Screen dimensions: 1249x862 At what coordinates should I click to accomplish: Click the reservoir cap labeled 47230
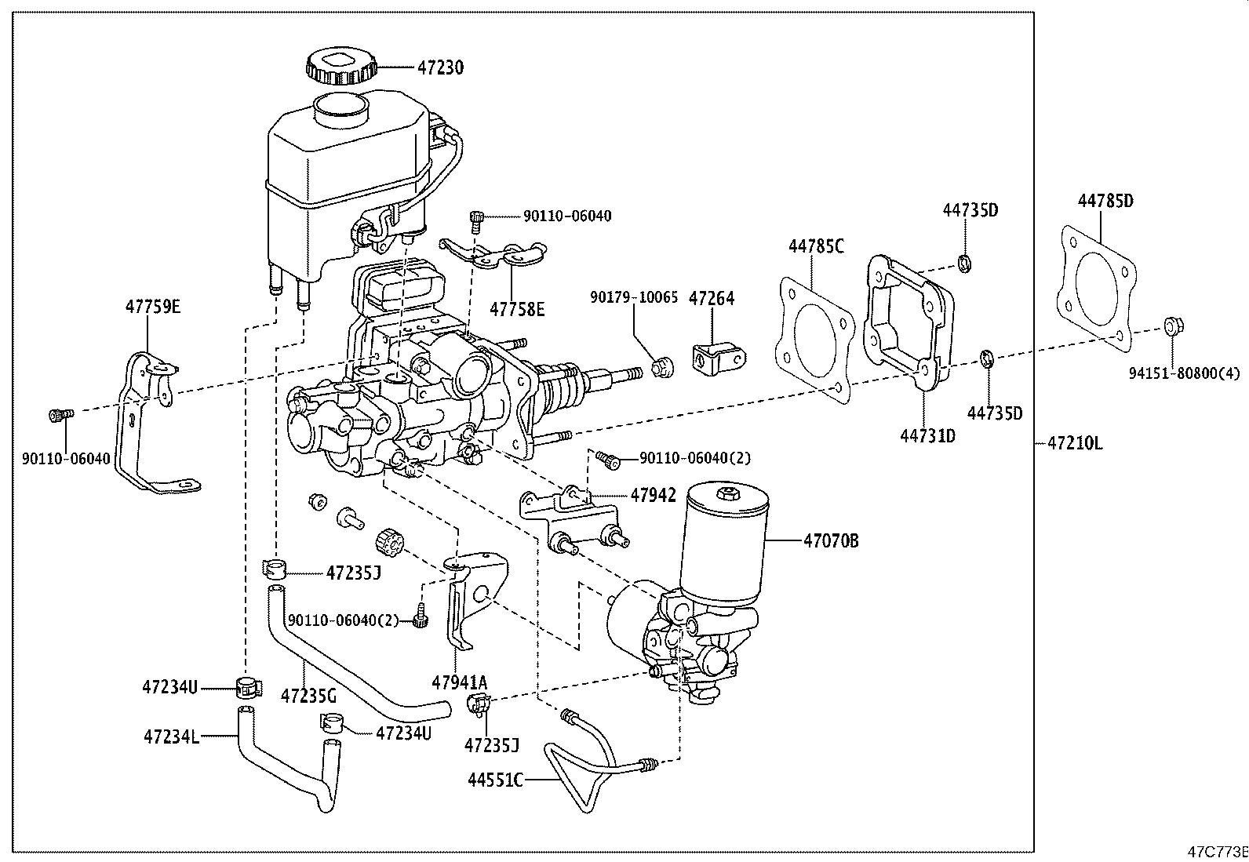(x=341, y=67)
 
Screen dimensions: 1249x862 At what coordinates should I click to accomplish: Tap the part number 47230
(x=440, y=67)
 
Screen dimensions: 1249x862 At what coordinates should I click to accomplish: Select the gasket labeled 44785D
(x=1096, y=289)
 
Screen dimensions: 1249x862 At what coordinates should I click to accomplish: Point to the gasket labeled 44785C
(x=814, y=340)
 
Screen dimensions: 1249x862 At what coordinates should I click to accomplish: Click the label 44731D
(x=928, y=435)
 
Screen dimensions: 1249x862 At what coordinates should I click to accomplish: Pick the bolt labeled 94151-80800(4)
(x=1174, y=326)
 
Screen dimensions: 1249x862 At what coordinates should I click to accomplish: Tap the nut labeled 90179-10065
(x=662, y=368)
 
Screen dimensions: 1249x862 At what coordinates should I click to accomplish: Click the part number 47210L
(x=1075, y=444)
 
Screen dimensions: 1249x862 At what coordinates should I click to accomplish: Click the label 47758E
(x=517, y=310)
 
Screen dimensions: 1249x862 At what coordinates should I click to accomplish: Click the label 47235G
(x=308, y=696)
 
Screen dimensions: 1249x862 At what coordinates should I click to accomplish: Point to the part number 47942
(x=653, y=495)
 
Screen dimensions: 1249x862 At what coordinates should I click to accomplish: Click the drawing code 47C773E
(x=1217, y=852)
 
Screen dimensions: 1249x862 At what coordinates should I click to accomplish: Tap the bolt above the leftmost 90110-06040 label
(x=60, y=415)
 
